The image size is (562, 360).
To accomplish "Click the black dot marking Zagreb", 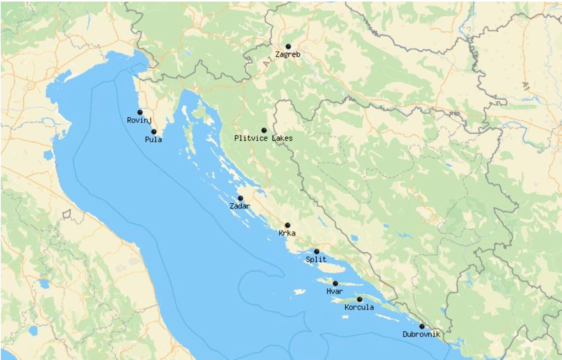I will [288, 47].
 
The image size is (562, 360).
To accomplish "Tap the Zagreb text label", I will [288, 55].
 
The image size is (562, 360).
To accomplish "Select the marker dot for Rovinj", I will [140, 112].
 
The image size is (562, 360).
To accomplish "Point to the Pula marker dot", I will [154, 132].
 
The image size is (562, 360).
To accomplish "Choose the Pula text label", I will [154, 140].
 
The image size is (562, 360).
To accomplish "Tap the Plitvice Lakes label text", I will [263, 139].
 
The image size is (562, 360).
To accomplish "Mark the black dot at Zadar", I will [241, 198].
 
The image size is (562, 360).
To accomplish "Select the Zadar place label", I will [240, 207].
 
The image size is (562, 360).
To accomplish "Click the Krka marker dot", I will [287, 225].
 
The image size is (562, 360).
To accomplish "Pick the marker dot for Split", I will [317, 252].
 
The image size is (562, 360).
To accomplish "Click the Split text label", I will [316, 260].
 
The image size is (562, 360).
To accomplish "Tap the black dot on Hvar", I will [335, 284].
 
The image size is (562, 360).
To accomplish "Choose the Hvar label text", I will [335, 292].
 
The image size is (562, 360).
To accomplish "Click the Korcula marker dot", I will [359, 299].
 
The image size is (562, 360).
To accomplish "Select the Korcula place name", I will [359, 308].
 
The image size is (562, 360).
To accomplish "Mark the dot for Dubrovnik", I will [422, 326].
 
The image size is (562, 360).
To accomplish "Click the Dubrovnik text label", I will [421, 335].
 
